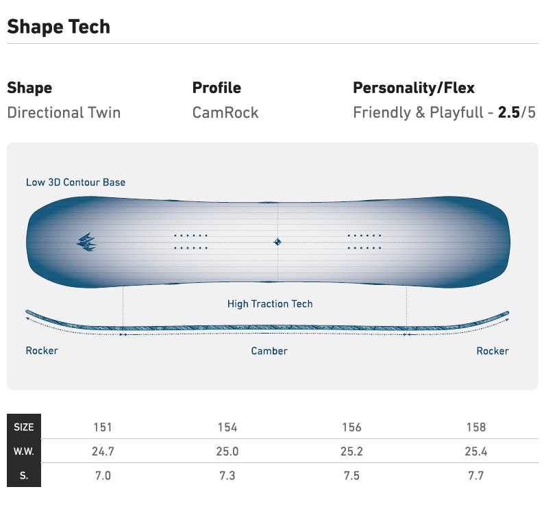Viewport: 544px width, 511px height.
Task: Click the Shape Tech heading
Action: click(58, 27)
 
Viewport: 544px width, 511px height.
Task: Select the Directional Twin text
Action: click(64, 112)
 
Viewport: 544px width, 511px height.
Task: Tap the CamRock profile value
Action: click(225, 112)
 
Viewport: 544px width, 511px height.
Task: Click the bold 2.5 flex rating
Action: click(508, 112)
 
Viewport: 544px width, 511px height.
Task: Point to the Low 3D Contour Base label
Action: click(75, 182)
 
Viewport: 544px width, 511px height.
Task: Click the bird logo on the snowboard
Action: click(87, 242)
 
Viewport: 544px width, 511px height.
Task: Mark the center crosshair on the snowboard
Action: click(277, 242)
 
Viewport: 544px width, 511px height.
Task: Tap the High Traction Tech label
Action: click(270, 303)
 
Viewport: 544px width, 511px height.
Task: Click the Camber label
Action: click(269, 351)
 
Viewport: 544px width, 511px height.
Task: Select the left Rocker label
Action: click(42, 351)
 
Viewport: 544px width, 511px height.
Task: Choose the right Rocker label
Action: click(493, 351)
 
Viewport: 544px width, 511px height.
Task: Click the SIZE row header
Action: click(24, 427)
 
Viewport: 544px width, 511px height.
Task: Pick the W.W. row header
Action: click(24, 451)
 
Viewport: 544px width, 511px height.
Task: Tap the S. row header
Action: click(24, 475)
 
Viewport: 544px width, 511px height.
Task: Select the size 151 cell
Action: click(103, 427)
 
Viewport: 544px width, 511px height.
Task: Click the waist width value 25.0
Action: click(227, 451)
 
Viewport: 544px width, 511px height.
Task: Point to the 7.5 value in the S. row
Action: click(351, 475)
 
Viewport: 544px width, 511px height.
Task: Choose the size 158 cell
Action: click(475, 427)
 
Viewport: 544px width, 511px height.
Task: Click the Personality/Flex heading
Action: click(413, 88)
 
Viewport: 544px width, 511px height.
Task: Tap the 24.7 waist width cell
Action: click(103, 451)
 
